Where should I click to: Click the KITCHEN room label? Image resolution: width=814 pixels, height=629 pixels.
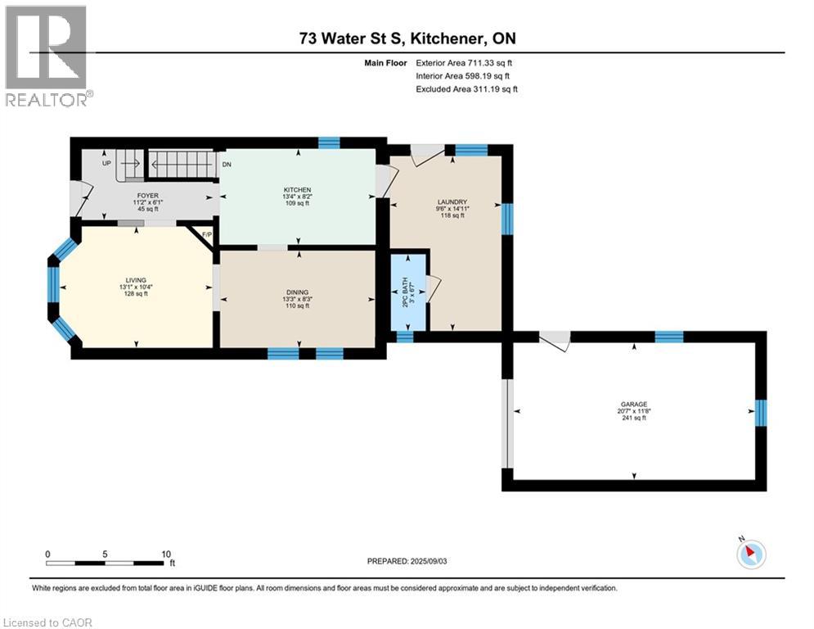pyautogui.click(x=298, y=190)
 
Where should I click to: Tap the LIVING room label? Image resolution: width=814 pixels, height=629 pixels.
pyautogui.click(x=136, y=280)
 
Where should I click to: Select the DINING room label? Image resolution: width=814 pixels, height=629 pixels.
pyautogui.click(x=298, y=292)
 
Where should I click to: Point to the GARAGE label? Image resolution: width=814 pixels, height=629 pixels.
pyautogui.click(x=634, y=404)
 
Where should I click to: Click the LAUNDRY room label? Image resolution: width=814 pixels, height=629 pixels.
pyautogui.click(x=452, y=201)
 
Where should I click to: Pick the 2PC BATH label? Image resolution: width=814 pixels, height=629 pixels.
pyautogui.click(x=405, y=292)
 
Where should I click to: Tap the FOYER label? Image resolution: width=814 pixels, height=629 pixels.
pyautogui.click(x=148, y=196)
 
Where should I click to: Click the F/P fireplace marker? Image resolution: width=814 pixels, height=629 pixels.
pyautogui.click(x=207, y=234)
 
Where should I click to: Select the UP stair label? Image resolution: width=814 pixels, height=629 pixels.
pyautogui.click(x=106, y=163)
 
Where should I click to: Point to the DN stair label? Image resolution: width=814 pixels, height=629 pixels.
pyautogui.click(x=227, y=165)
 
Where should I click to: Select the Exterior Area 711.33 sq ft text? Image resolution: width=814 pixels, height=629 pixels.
pyautogui.click(x=464, y=63)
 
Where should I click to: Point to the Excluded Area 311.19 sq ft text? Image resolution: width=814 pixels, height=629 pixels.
pyautogui.click(x=466, y=89)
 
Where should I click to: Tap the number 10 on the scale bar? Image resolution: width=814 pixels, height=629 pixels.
pyautogui.click(x=166, y=554)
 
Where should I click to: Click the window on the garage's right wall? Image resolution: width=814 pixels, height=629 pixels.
pyautogui.click(x=761, y=413)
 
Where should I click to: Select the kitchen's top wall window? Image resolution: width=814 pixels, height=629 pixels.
pyautogui.click(x=329, y=143)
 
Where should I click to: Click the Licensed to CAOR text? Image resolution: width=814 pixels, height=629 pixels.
pyautogui.click(x=47, y=622)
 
